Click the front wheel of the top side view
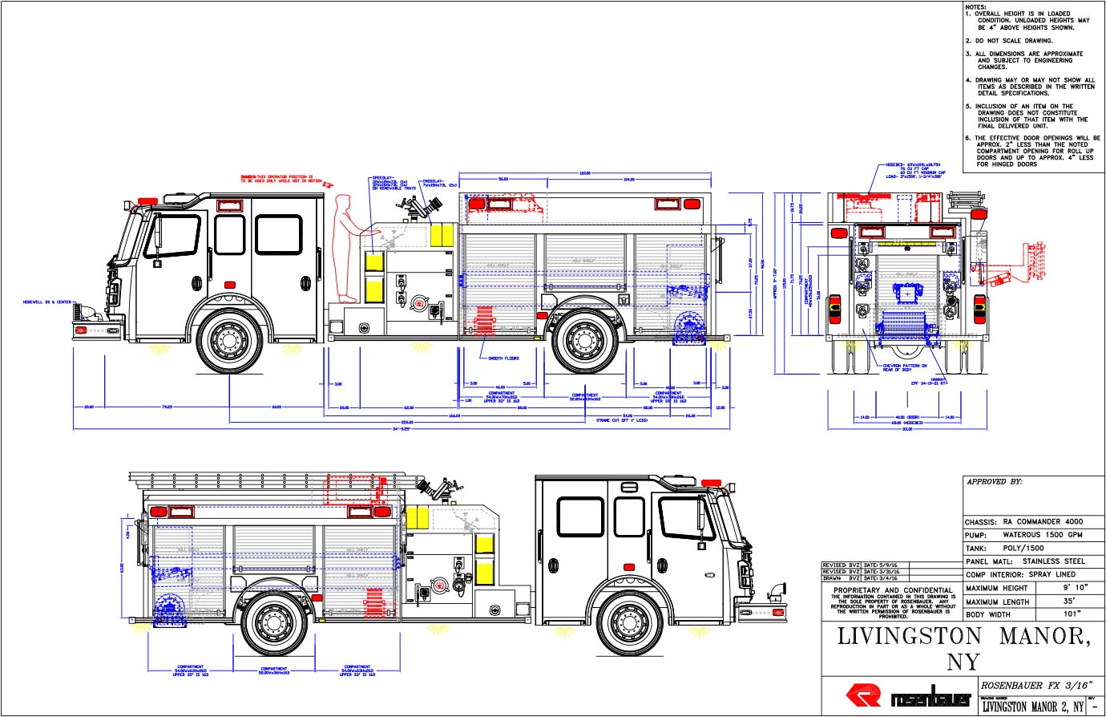click(231, 341)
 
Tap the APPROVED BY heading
click(995, 483)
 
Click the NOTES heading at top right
click(975, 6)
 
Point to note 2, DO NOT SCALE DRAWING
click(1013, 41)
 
